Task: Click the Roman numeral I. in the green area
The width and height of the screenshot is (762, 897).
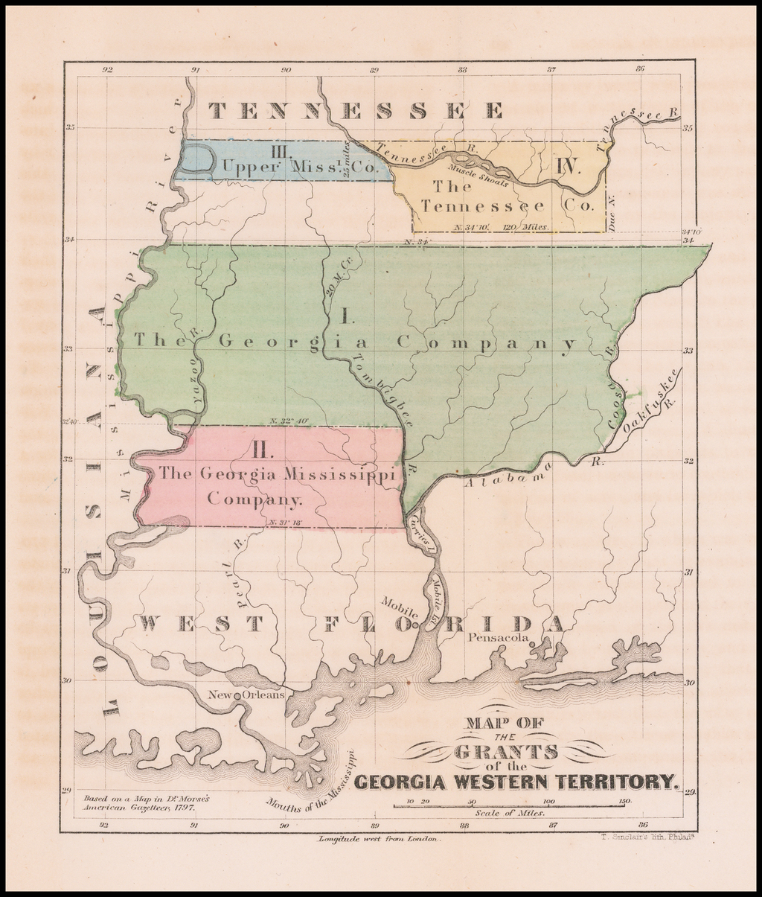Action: [x=348, y=316]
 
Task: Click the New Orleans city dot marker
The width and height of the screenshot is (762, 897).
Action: [x=237, y=695]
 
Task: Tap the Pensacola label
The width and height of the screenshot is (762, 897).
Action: [x=499, y=638]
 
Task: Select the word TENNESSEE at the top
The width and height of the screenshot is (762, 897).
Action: [x=356, y=111]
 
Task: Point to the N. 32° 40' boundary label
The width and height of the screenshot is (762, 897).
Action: [x=288, y=421]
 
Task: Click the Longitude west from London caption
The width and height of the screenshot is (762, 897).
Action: [x=380, y=838]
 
